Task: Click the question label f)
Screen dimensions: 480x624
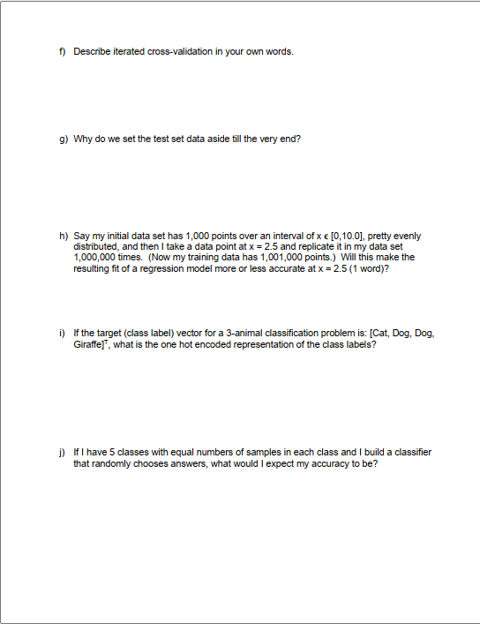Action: click(63, 51)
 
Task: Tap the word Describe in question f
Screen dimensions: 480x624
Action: click(91, 51)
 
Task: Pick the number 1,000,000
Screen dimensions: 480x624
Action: click(97, 257)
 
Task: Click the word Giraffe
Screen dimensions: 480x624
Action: click(89, 344)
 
